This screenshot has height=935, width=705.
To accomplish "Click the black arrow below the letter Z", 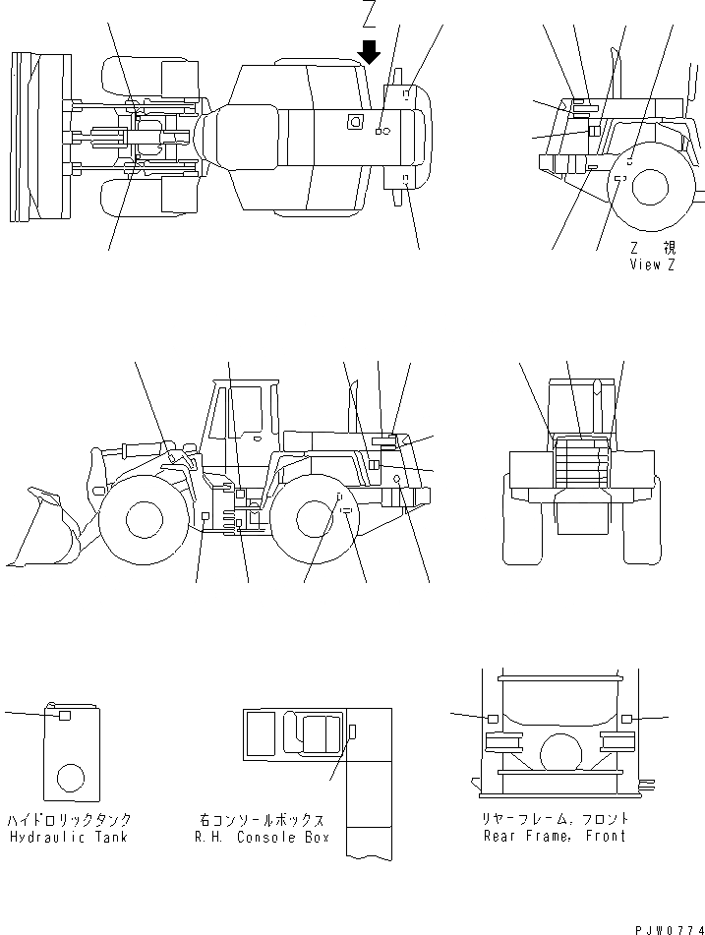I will (x=370, y=51).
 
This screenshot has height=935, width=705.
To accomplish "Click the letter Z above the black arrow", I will (x=370, y=15).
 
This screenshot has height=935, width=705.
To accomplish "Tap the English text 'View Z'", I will (x=652, y=264).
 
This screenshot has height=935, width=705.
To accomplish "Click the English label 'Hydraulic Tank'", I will (x=69, y=837).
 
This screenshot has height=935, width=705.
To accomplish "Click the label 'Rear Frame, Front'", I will (x=555, y=836).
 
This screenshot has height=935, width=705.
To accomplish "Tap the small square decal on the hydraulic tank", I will (x=65, y=716).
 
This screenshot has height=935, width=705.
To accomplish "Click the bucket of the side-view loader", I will (x=44, y=531).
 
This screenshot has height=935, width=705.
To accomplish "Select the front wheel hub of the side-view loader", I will (x=144, y=518).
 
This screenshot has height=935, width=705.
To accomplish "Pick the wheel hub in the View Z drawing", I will (x=649, y=187).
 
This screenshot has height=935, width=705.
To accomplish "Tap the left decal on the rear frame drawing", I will (x=493, y=719).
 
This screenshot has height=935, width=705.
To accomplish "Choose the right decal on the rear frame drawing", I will (x=626, y=720).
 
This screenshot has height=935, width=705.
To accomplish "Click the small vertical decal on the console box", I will (x=352, y=730).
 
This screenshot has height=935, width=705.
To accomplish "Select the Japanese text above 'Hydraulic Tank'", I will (x=69, y=820).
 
